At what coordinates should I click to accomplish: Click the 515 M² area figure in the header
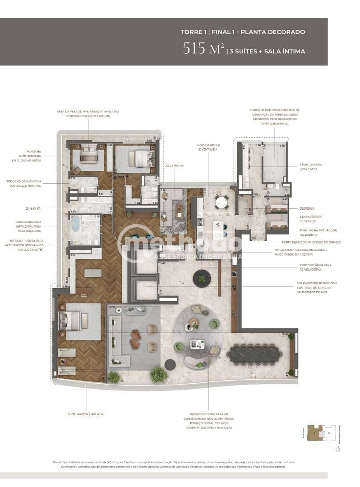pyautogui.click(x=203, y=49)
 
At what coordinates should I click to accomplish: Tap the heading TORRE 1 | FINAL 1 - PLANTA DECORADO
pyautogui.click(x=243, y=32)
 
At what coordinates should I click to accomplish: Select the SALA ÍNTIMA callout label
pyautogui.click(x=175, y=166)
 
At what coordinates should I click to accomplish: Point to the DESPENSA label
pyautogui.click(x=307, y=208)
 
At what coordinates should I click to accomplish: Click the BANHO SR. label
pyautogui.click(x=33, y=209)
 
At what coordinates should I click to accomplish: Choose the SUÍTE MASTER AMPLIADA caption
pyautogui.click(x=86, y=414)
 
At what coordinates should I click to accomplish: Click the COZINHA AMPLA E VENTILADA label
pyautogui.click(x=208, y=147)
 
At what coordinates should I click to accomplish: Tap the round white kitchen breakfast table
pyautogui.click(x=221, y=202)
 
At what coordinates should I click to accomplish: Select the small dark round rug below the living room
pyautogui.click(x=170, y=365)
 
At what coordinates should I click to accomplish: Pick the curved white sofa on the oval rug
pyautogui.click(x=197, y=362)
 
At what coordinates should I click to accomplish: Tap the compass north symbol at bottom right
pyautogui.click(x=338, y=449)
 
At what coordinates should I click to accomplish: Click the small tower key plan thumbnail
pyautogui.click(x=321, y=432)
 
